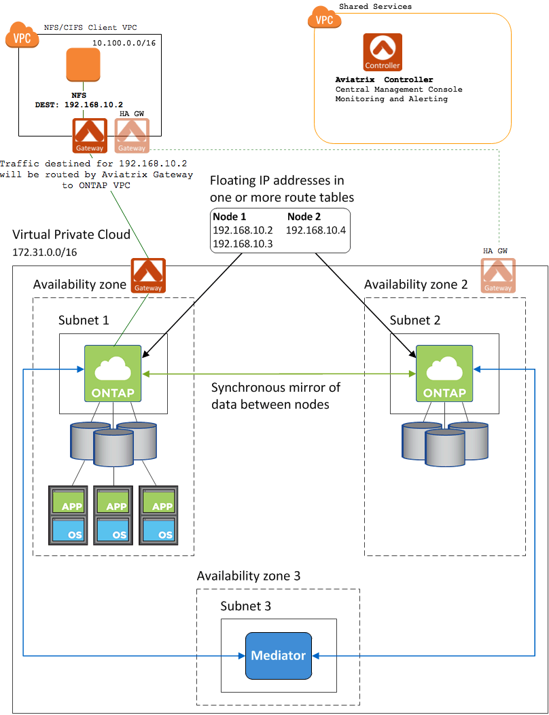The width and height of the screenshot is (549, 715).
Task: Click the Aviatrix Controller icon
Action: [x=383, y=53]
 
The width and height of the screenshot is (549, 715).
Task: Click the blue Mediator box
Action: [x=279, y=655]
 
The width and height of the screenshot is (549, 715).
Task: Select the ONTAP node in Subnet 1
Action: [x=113, y=373]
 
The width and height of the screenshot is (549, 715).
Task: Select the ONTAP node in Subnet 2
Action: [x=444, y=373]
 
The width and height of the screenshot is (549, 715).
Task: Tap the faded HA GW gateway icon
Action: [x=498, y=275]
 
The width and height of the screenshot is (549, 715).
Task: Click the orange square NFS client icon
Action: [x=83, y=65]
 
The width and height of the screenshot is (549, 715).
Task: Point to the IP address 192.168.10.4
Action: [x=316, y=230]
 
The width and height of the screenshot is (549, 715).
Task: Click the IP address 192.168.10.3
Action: [x=243, y=243]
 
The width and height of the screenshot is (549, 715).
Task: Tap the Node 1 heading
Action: [x=230, y=217]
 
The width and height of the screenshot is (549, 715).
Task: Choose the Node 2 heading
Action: [x=304, y=217]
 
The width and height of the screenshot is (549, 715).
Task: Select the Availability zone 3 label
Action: [x=249, y=576]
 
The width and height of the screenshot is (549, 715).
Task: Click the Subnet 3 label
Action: [x=246, y=606]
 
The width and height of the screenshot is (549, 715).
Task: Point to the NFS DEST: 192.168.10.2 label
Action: [x=79, y=100]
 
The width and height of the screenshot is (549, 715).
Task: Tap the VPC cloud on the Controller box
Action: [x=325, y=18]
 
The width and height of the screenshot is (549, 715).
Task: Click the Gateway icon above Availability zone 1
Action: [x=148, y=275]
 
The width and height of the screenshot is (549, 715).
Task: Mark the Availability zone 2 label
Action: [x=416, y=285]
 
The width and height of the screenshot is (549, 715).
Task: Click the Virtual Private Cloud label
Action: [x=71, y=235]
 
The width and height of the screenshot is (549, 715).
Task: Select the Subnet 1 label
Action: [x=84, y=319]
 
